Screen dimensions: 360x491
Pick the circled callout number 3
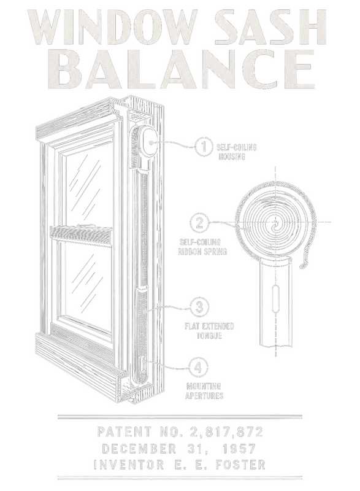click(199, 307)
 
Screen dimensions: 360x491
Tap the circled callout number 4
click(199, 366)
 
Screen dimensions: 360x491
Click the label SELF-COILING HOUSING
click(237, 152)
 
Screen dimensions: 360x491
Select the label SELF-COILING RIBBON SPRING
click(202, 247)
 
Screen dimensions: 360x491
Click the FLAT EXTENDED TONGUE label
click(209, 331)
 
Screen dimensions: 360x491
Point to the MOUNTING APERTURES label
click(204, 391)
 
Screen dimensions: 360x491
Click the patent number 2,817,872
click(226, 432)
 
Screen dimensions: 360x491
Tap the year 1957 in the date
click(239, 449)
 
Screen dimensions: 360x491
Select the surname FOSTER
click(240, 465)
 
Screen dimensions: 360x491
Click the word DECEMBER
click(139, 449)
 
